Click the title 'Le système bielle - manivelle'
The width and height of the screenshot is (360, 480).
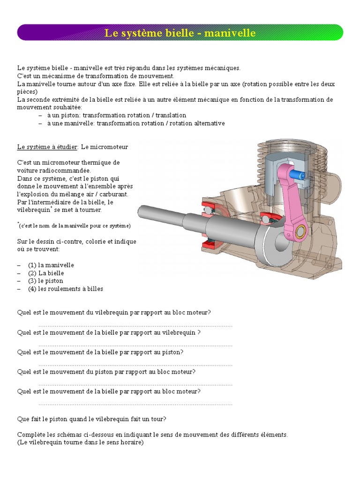pos(180,33)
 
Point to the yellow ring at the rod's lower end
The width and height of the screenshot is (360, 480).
pos(301,231)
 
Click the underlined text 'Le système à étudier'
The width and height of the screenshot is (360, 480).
pos(47,147)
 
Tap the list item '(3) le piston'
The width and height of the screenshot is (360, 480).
pos(45,281)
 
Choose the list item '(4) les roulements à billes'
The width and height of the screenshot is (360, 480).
pos(65,289)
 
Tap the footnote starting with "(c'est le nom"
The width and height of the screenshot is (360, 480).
pos(75,225)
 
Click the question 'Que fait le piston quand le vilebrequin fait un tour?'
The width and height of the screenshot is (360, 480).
pos(92,419)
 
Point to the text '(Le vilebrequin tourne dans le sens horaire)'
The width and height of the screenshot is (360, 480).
pos(80,442)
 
